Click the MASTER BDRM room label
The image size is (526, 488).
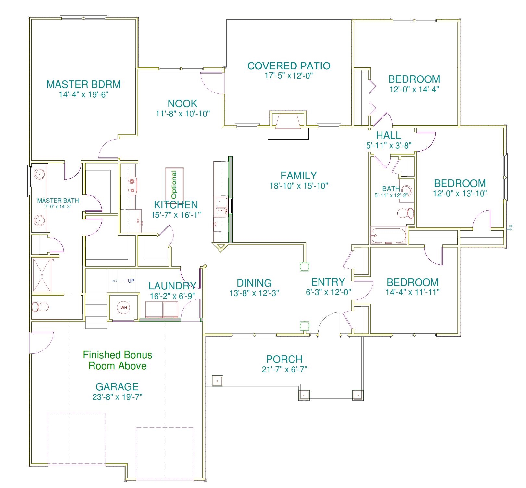[x=83, y=84]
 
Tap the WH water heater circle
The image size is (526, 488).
[x=124, y=307]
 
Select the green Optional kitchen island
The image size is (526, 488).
[x=174, y=185]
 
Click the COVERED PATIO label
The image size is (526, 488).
[x=289, y=66]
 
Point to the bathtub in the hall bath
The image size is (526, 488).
[x=388, y=235]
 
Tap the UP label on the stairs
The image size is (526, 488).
[x=131, y=281]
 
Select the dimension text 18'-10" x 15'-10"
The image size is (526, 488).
[x=299, y=186]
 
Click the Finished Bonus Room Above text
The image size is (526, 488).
[x=118, y=360]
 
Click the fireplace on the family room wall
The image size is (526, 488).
[x=288, y=122]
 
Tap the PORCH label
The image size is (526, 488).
[x=284, y=359]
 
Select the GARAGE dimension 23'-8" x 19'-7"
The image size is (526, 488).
[x=117, y=397]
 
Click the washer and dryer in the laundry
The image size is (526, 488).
[x=162, y=309]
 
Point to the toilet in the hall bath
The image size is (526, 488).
[x=406, y=213]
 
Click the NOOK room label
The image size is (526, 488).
[x=182, y=104]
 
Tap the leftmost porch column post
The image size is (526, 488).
[x=217, y=380]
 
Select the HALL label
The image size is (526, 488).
[x=388, y=135]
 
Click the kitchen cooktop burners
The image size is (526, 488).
[x=132, y=186]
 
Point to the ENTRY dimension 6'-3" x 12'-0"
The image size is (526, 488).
[x=328, y=292]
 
